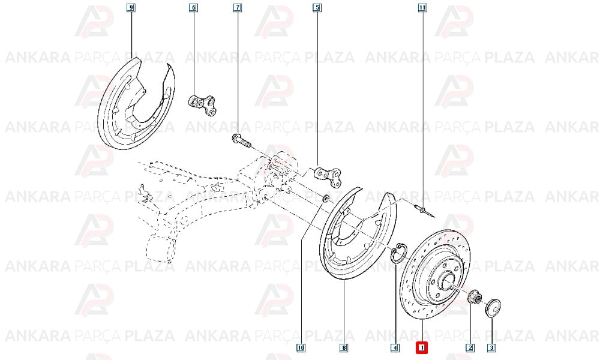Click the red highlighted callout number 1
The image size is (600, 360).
[422, 348]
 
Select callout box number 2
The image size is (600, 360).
[470, 348]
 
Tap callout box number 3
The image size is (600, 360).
[492, 348]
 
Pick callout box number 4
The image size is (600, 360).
[395, 348]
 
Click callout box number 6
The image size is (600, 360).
[193, 7]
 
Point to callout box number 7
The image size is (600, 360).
[238, 7]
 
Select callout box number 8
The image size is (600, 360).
[344, 348]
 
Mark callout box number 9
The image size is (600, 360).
[131, 7]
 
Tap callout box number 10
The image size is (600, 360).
[301, 348]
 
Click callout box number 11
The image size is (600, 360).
[422, 7]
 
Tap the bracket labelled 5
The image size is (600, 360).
[328, 176]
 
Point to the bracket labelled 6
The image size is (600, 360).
[203, 105]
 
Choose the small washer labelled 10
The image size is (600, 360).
[326, 199]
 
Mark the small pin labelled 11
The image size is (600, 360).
[425, 211]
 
